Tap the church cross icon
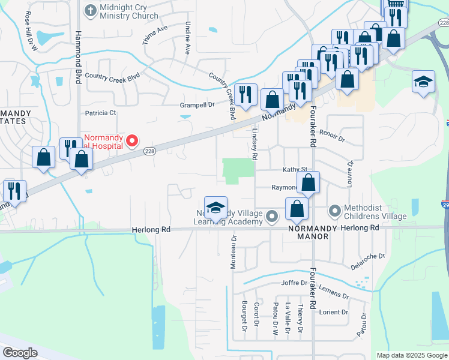coord(90,10)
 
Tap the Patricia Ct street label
coord(100,113)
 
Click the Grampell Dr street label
coord(197,105)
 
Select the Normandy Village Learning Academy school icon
coord(216,208)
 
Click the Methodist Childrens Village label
coord(375,212)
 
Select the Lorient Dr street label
coord(333,312)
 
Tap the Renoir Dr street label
coord(332,136)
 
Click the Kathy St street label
coord(295,170)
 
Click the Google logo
coord(20,353)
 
